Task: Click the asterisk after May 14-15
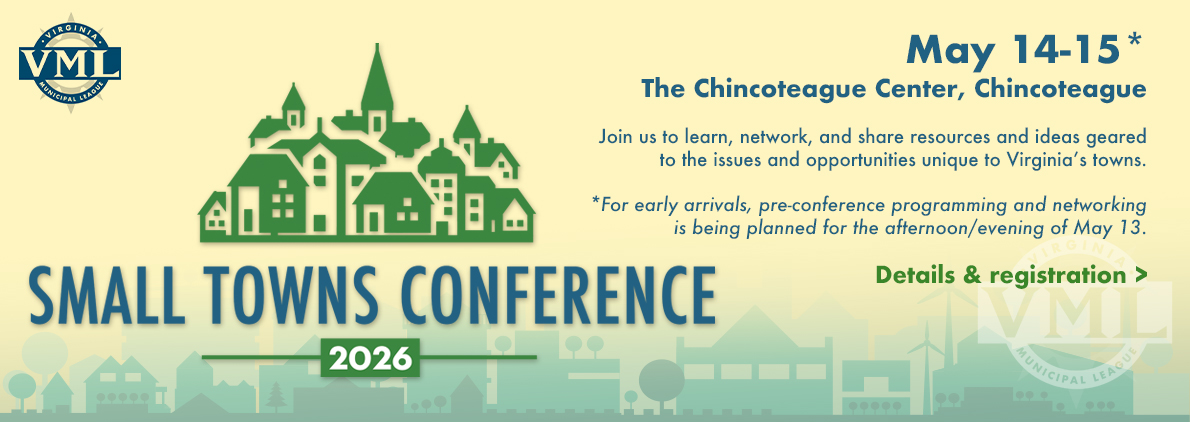pos(1135,43)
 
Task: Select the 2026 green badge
pos(370,357)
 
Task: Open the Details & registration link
pos(1011,274)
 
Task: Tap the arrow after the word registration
pos(1141,275)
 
